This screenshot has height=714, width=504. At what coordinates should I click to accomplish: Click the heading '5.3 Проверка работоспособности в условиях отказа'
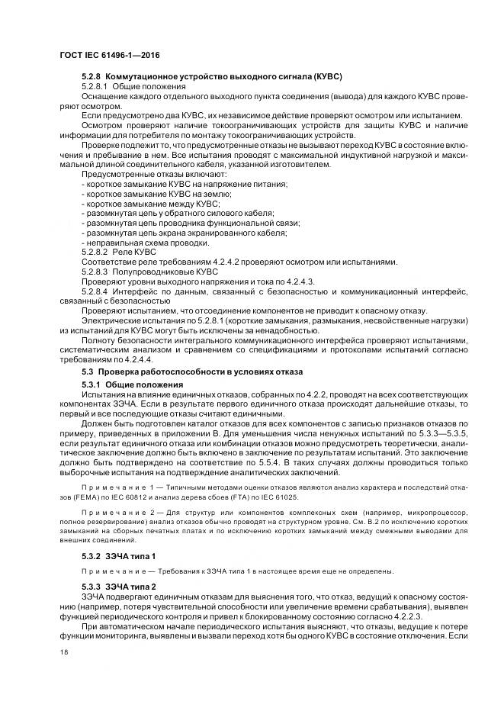coord(192,371)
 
